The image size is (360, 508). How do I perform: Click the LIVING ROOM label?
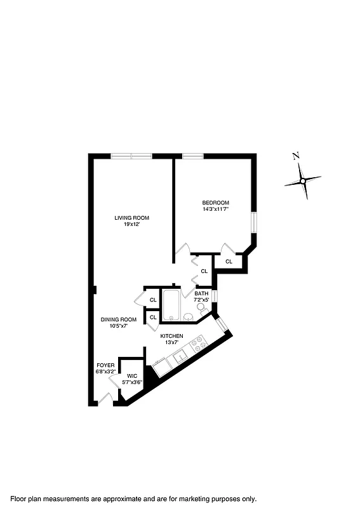(x=131, y=218)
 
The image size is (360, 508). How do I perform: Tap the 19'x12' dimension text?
(x=131, y=224)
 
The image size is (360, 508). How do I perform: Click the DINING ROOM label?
(x=119, y=319)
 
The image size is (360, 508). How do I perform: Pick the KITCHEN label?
(x=171, y=335)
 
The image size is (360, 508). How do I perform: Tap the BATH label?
(x=202, y=293)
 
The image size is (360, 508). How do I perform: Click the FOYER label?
(x=105, y=365)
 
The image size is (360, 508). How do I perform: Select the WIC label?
(x=132, y=376)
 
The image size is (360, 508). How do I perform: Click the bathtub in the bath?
(x=171, y=306)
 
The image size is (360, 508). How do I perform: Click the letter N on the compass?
(x=295, y=156)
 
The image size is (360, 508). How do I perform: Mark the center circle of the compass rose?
(x=303, y=181)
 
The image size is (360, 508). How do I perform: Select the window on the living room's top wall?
(x=131, y=156)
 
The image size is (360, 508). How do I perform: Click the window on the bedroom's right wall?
(x=253, y=223)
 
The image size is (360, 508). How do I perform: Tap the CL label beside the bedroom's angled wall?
(x=229, y=261)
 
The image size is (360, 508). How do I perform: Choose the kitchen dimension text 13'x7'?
(x=171, y=342)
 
